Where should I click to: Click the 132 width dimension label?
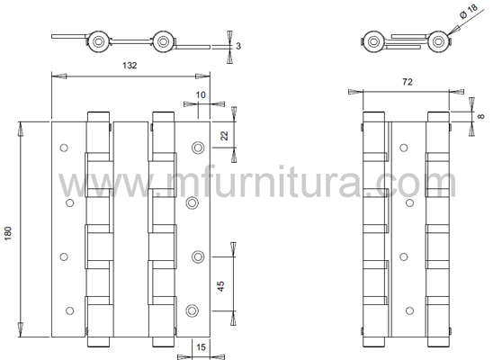[x=130, y=66]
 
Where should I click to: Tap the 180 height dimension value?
[x=8, y=233]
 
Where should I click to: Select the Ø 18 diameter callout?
[x=469, y=11]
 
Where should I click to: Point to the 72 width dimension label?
[x=408, y=82]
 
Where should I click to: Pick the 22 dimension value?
[x=224, y=136]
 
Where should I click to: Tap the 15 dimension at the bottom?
[x=201, y=346]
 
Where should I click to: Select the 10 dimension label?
[x=201, y=94]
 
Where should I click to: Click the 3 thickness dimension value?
[x=238, y=46]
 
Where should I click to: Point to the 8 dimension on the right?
[x=480, y=116]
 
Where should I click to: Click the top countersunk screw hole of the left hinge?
[x=198, y=148]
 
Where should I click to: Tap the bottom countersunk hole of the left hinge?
[x=193, y=310]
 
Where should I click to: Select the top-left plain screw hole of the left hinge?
[x=64, y=148]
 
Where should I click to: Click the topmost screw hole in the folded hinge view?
[x=404, y=148]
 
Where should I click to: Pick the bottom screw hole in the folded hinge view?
[x=409, y=310]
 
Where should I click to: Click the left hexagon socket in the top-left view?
[x=98, y=41]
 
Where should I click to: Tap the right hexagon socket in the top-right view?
[x=438, y=41]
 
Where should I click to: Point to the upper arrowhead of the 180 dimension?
[x=20, y=129]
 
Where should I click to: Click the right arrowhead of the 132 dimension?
[x=202, y=76]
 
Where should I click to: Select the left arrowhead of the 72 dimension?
[x=355, y=92]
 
